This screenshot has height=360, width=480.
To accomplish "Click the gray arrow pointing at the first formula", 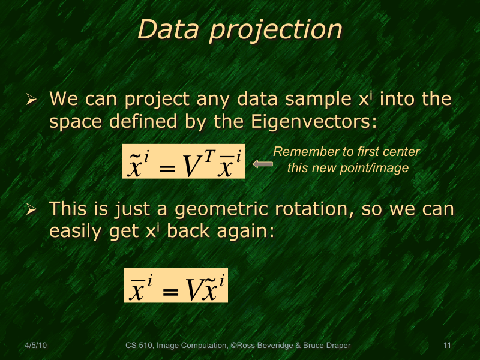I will click(x=262, y=163).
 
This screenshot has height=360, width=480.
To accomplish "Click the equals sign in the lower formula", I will click(x=171, y=293).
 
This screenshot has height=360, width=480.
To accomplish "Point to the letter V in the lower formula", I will click(x=193, y=290).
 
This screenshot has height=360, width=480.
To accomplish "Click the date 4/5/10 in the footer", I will click(x=36, y=345).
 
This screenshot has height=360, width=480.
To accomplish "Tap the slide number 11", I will click(x=446, y=345).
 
